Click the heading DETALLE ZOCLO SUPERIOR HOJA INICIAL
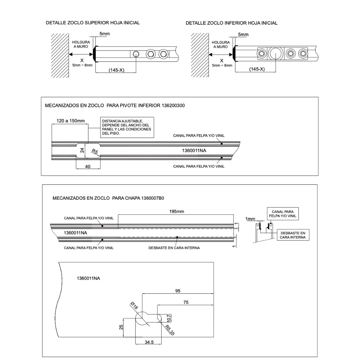[93, 23]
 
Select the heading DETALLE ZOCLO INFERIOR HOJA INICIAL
[231, 23]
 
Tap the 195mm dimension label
[177, 211]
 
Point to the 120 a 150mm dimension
[71, 121]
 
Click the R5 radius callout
[95, 152]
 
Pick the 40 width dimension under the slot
[88, 166]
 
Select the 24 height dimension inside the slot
[82, 150]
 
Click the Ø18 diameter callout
[134, 306]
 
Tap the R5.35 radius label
[170, 330]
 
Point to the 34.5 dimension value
[149, 342]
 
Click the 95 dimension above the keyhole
[178, 291]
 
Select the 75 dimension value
[186, 302]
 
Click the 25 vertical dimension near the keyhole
[121, 327]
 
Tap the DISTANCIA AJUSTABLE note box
[127, 127]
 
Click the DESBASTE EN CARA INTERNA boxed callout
[293, 235]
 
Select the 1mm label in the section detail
[250, 219]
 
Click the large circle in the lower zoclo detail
[276, 54]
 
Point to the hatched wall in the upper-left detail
[60, 56]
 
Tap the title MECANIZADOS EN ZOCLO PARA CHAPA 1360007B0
[108, 198]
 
